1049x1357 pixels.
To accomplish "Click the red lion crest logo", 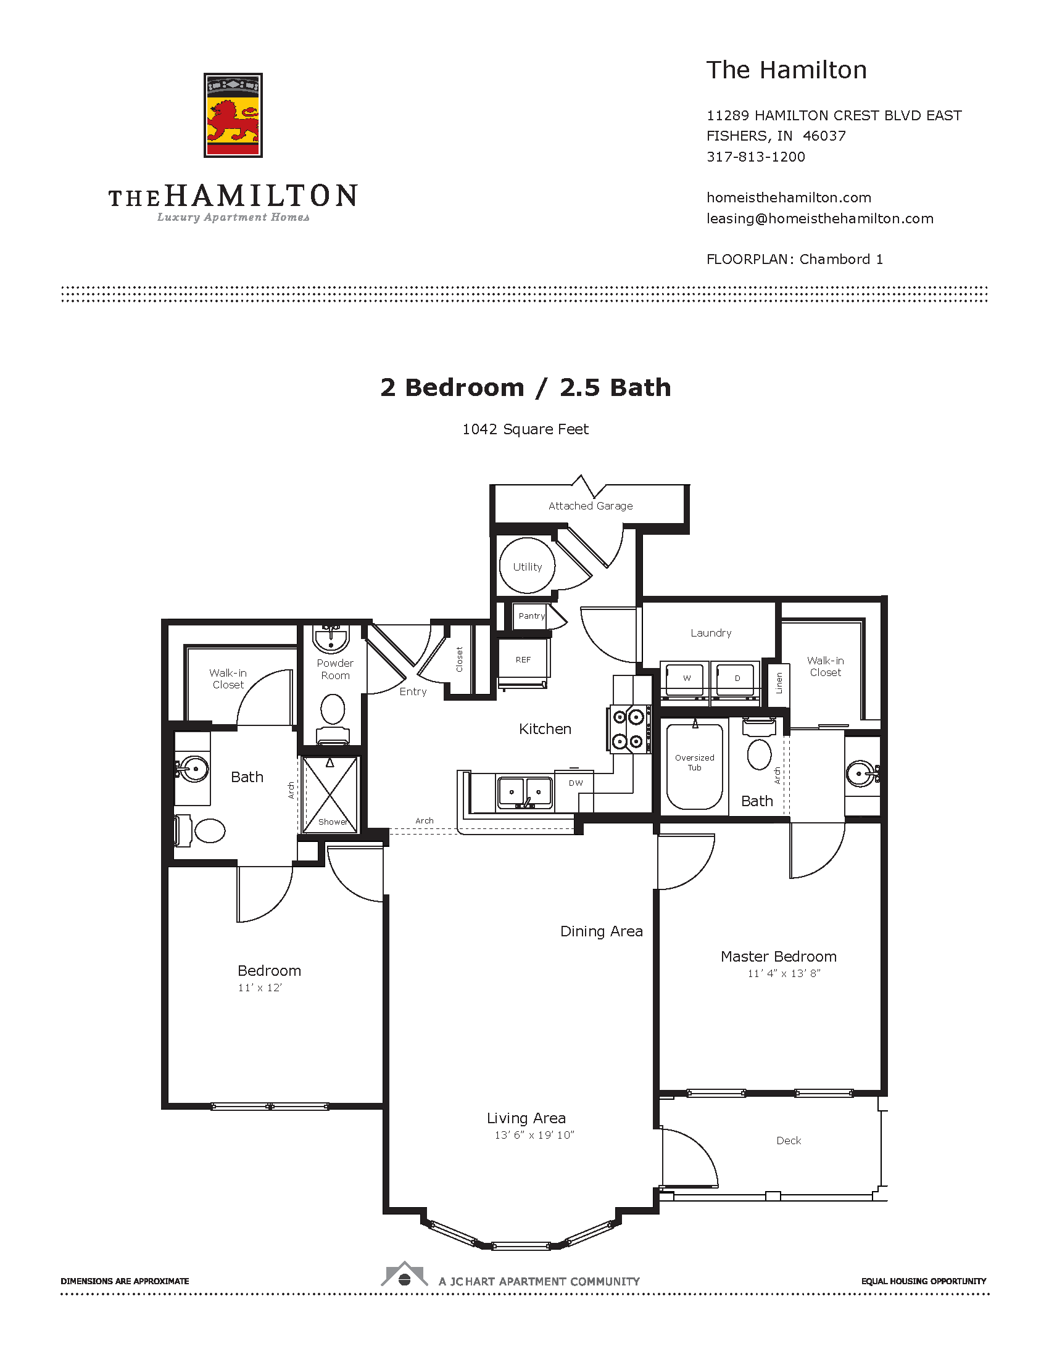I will pyautogui.click(x=233, y=115).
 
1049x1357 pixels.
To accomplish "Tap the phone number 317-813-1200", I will pyautogui.click(x=756, y=157).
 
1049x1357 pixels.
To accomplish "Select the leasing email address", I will pyautogui.click(x=819, y=219).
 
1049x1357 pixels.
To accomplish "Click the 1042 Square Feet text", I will pyautogui.click(x=525, y=429).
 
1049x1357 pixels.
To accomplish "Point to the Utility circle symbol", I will pyautogui.click(x=527, y=566).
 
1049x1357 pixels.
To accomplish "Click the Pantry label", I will pyautogui.click(x=531, y=616).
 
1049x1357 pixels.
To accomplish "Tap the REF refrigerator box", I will pyautogui.click(x=523, y=661).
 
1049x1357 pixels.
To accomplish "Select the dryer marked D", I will pyautogui.click(x=736, y=678).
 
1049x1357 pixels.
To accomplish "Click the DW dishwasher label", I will pyautogui.click(x=576, y=783).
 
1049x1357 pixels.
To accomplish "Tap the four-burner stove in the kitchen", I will pyautogui.click(x=628, y=730).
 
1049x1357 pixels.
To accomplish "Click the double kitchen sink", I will pyautogui.click(x=525, y=793).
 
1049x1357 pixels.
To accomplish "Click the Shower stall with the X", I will pyautogui.click(x=331, y=794).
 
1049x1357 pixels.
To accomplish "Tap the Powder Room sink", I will pyautogui.click(x=331, y=639).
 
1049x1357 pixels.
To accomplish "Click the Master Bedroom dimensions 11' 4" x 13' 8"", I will pyautogui.click(x=784, y=973).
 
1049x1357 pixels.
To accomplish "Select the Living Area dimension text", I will pyautogui.click(x=534, y=1135).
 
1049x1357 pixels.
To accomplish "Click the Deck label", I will pyautogui.click(x=788, y=1140).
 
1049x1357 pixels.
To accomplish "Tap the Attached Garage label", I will pyautogui.click(x=591, y=506).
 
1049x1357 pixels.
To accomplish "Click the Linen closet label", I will pyautogui.click(x=779, y=683).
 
